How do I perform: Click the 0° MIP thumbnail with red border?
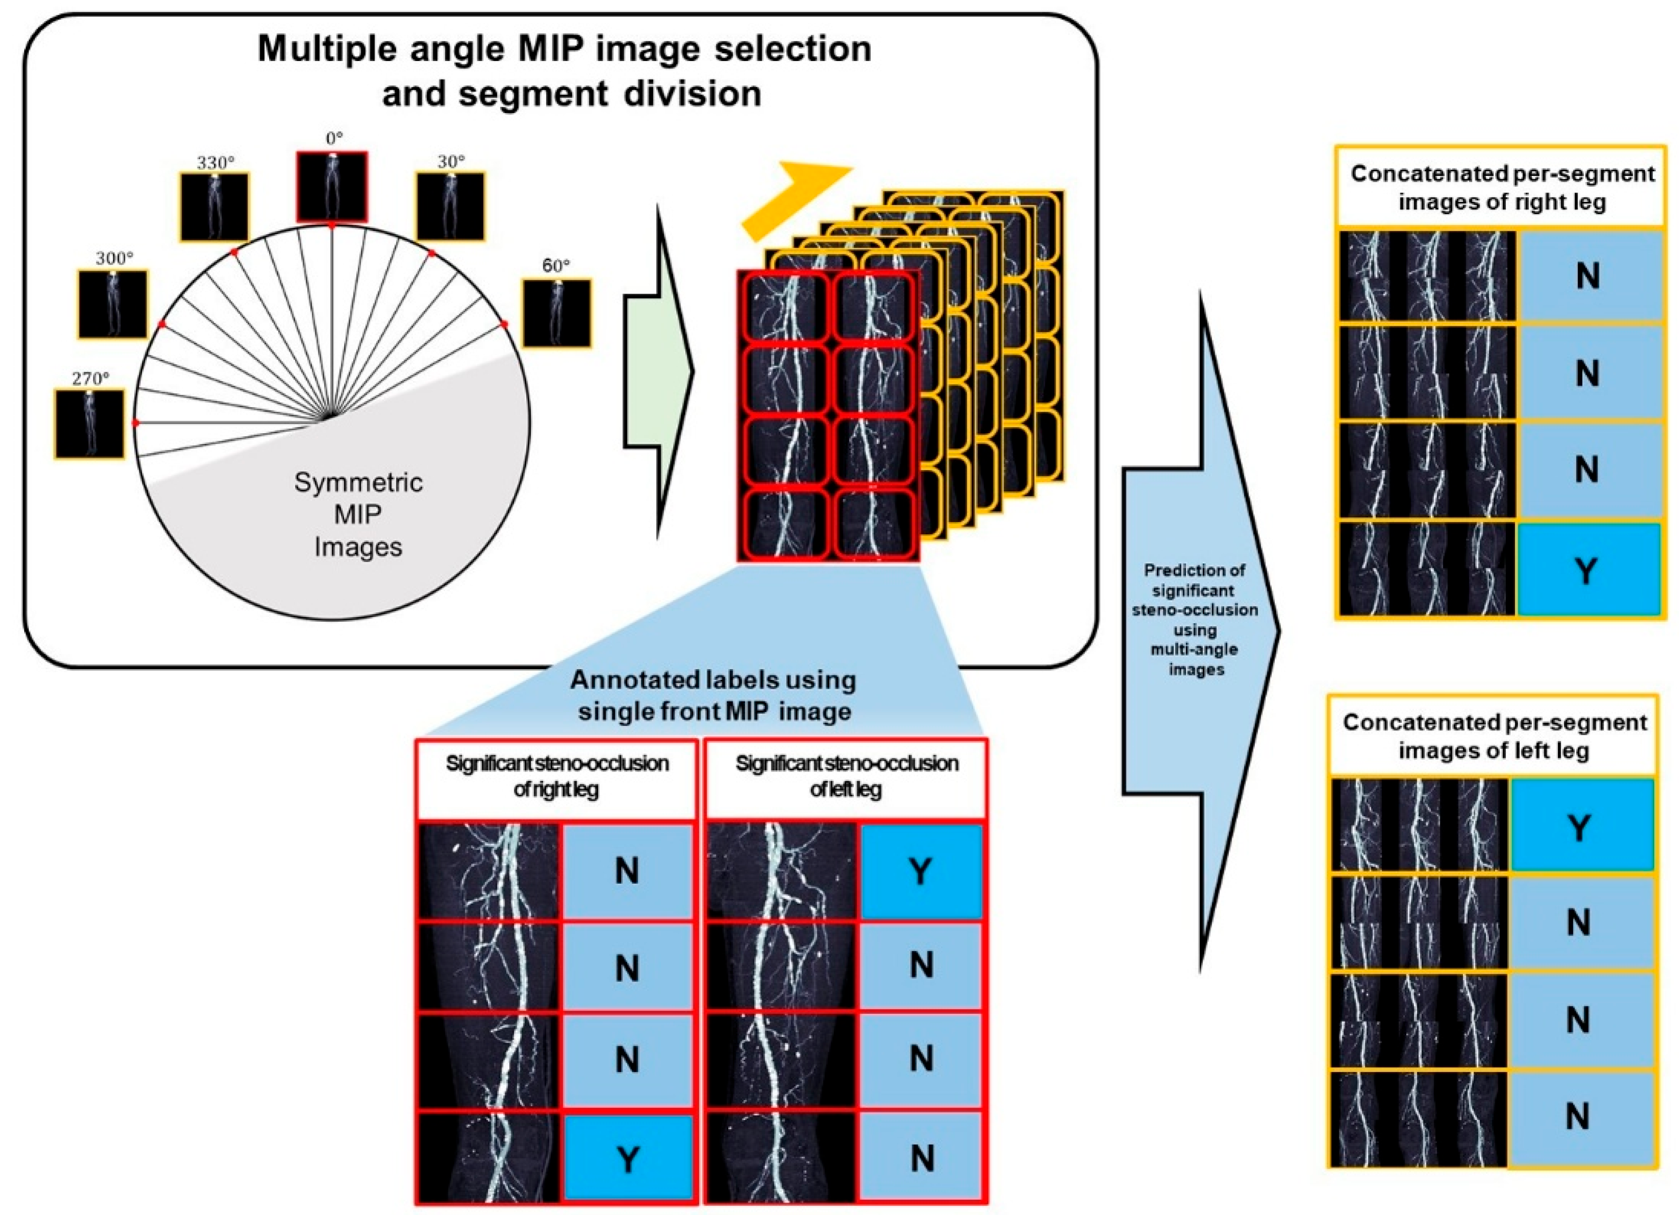click(332, 187)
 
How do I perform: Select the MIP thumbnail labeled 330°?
click(215, 207)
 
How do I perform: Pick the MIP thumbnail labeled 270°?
click(89, 424)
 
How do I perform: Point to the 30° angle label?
click(450, 161)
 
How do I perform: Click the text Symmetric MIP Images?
click(359, 514)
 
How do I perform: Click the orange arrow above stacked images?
click(796, 200)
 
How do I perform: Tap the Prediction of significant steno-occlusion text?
click(1195, 619)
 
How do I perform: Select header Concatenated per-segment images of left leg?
click(1494, 736)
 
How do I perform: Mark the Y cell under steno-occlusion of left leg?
click(920, 871)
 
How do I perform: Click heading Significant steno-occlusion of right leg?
click(557, 776)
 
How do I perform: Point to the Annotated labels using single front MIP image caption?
click(714, 696)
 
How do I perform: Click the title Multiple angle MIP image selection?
click(564, 50)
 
